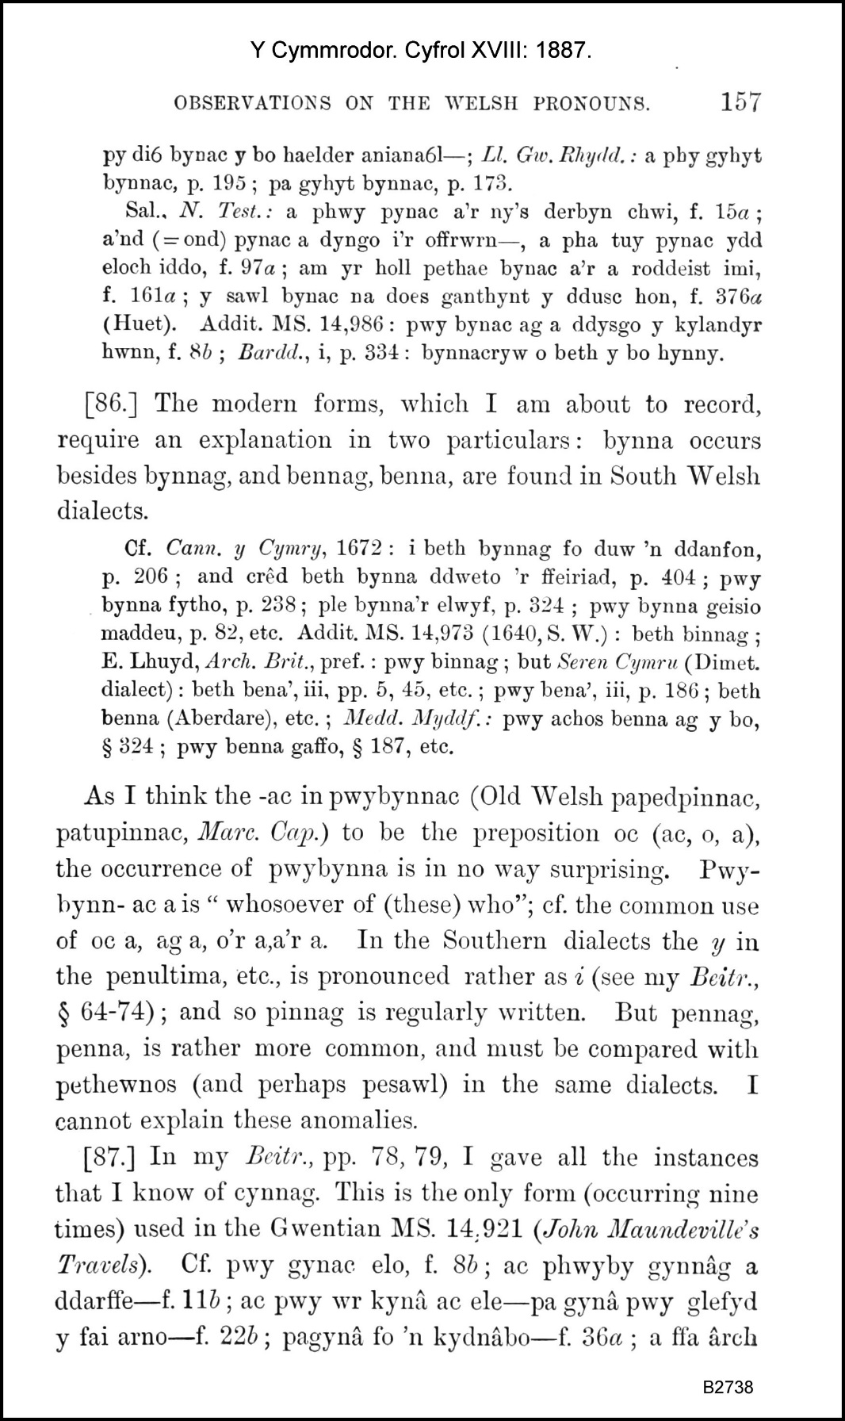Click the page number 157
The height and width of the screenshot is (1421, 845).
740,102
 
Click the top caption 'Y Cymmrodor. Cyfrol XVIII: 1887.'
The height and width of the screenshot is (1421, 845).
421,52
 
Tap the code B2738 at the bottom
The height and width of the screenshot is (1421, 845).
727,1387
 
